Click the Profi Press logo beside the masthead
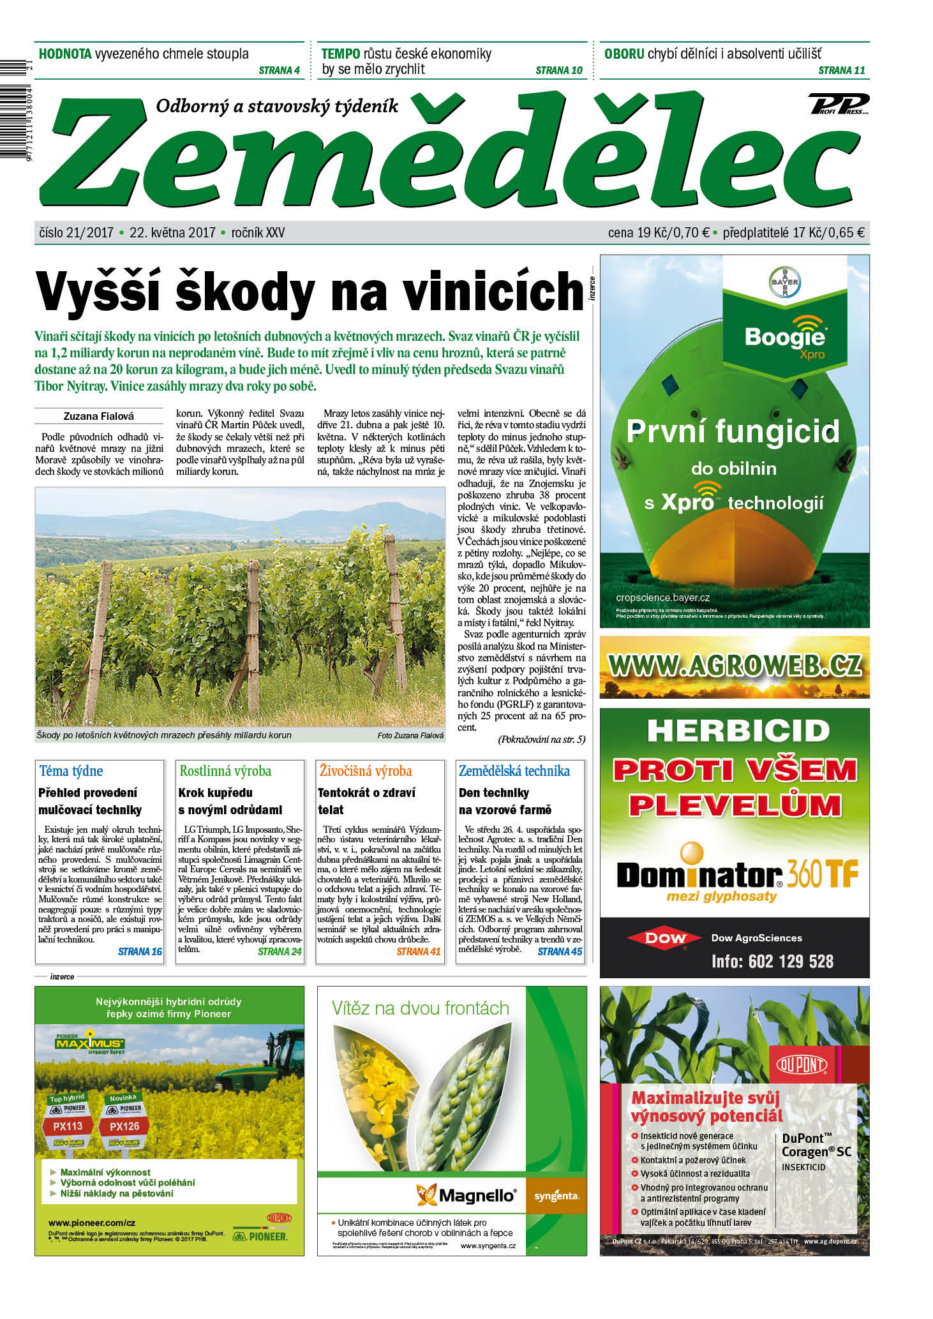tap(839, 104)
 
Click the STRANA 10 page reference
tap(558, 71)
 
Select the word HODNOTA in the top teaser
tap(65, 54)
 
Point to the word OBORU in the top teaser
tap(624, 54)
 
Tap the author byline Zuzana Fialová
tap(99, 416)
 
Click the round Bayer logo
tap(784, 283)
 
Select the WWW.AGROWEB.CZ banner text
tap(735, 666)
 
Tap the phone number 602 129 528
tap(791, 961)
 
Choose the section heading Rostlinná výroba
tap(225, 771)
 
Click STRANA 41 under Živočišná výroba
tap(419, 951)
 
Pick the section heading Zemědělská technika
tap(514, 771)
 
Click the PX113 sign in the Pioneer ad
tap(68, 1126)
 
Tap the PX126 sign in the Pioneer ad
tap(124, 1126)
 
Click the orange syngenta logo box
tap(556, 1196)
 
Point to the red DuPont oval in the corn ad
tap(802, 1064)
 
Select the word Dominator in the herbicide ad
tap(699, 875)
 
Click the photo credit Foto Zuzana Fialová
tap(410, 736)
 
